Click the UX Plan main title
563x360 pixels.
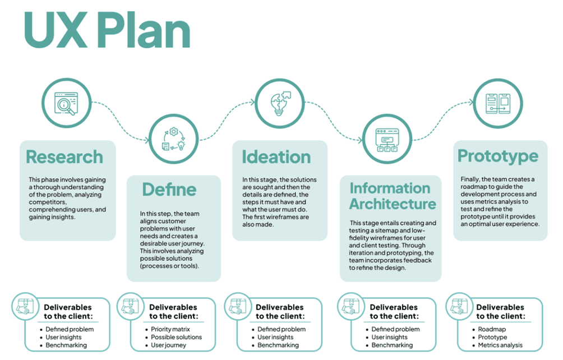click(x=107, y=31)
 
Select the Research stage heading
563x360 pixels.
click(x=64, y=156)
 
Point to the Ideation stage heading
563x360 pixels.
click(x=276, y=156)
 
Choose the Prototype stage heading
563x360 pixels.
click(x=498, y=156)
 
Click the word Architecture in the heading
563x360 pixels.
click(x=393, y=204)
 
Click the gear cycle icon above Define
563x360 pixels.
click(x=173, y=139)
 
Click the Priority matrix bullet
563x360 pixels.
click(x=170, y=329)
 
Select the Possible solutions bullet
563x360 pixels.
click(x=176, y=337)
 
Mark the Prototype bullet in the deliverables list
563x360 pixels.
click(x=492, y=337)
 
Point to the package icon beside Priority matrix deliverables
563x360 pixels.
click(x=130, y=308)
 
